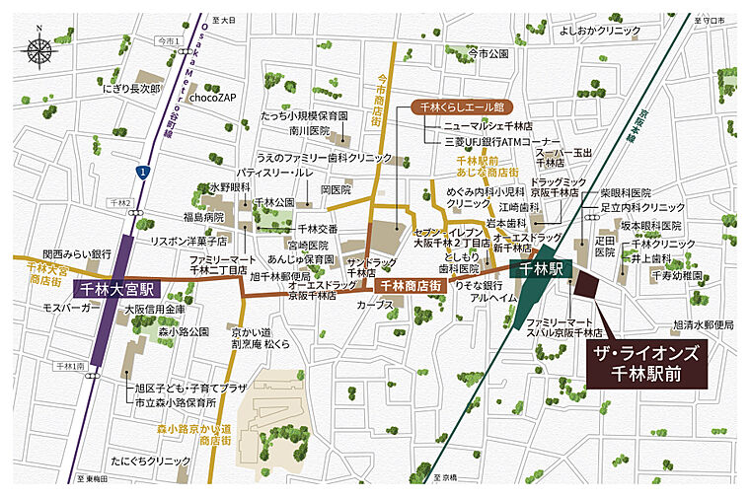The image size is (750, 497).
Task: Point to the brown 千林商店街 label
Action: tap(409, 285)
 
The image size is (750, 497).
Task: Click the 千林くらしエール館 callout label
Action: tap(458, 106)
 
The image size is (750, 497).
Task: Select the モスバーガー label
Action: tap(68, 308)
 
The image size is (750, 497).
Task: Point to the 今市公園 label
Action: tap(487, 52)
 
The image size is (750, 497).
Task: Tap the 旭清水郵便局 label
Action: tap(704, 323)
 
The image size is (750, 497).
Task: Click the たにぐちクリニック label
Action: tap(151, 461)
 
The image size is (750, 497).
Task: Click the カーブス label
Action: tap(377, 305)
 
